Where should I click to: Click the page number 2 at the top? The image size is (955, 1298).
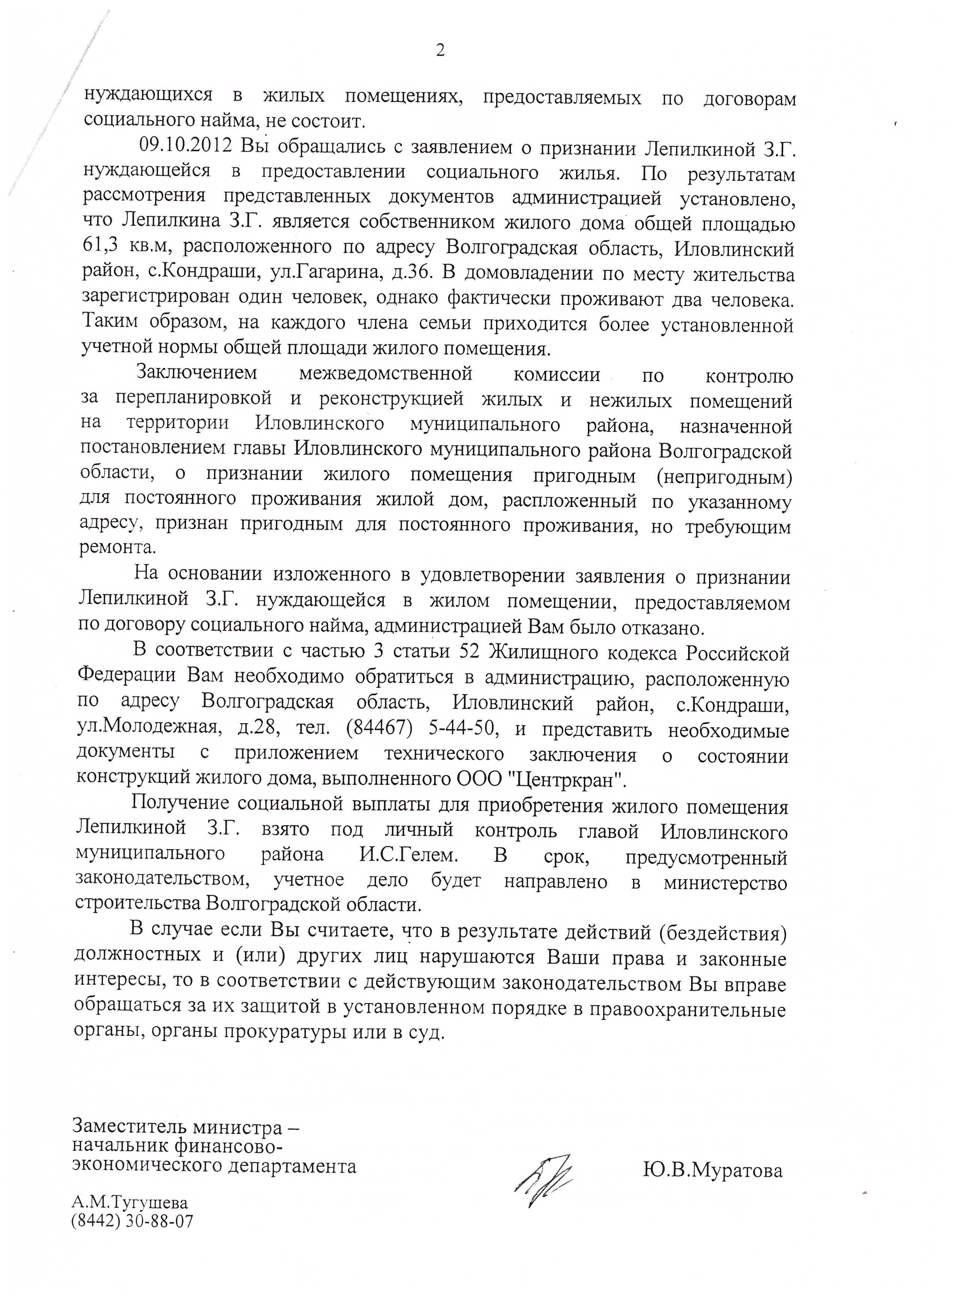tap(440, 51)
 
